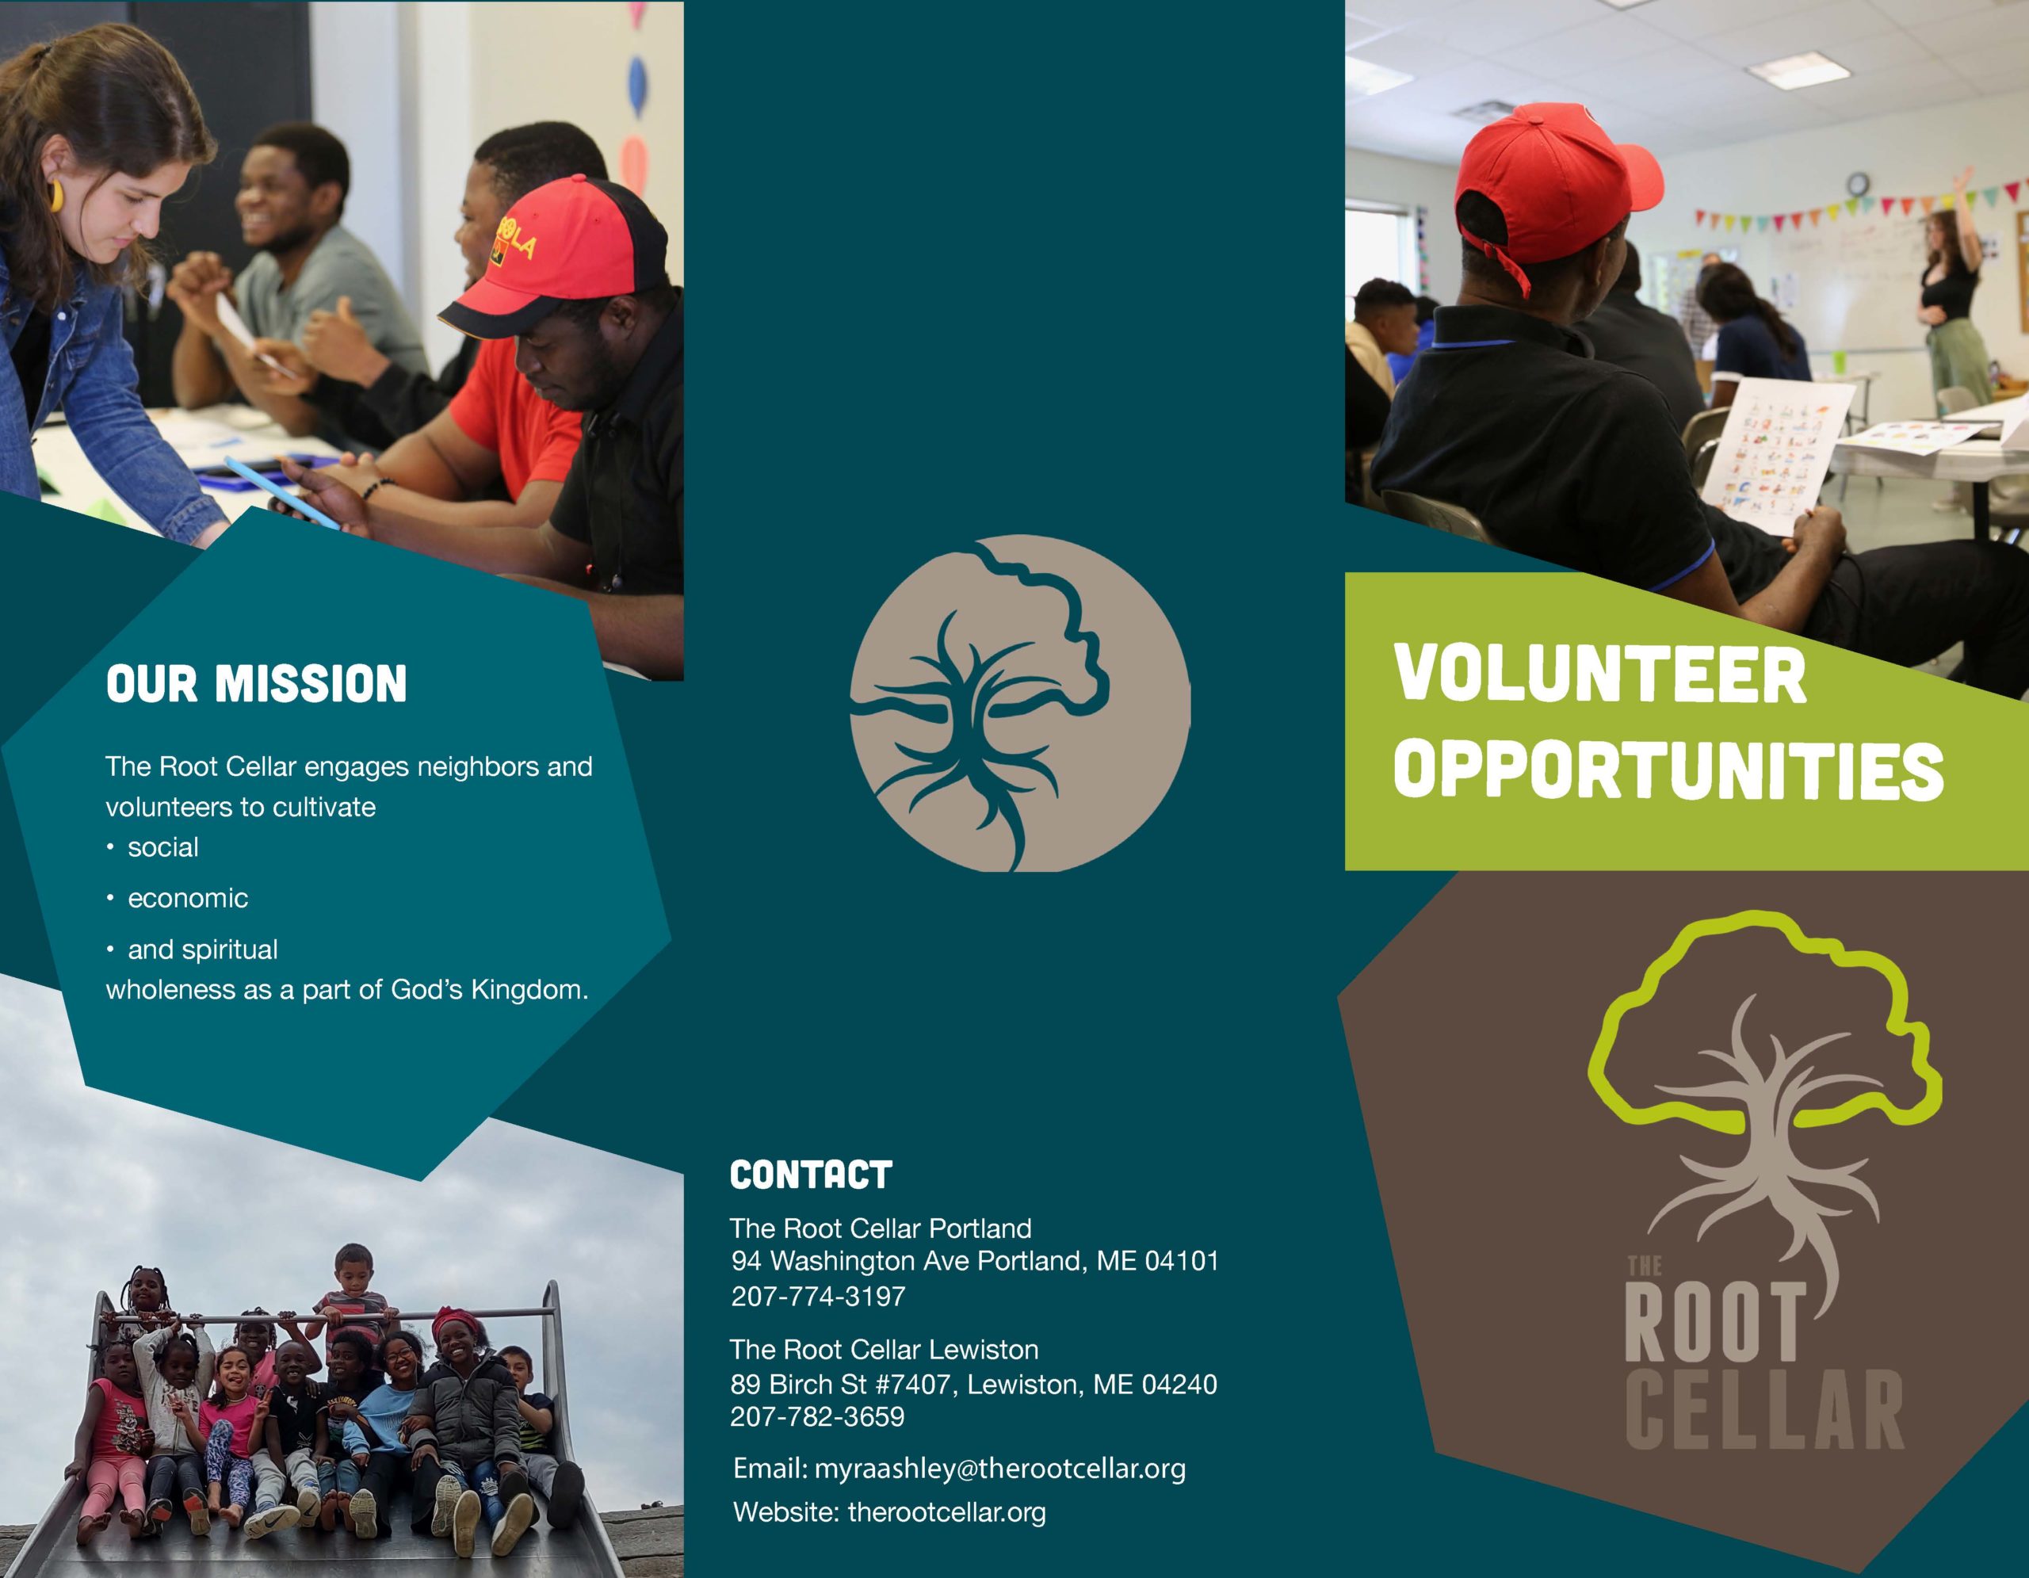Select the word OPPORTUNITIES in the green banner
click(x=1668, y=771)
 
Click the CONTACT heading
click(x=811, y=1175)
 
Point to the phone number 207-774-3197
click(x=818, y=1297)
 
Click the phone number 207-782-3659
click(x=818, y=1416)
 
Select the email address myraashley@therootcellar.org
click(x=999, y=1469)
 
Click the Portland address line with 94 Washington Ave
click(x=975, y=1261)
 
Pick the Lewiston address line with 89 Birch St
click(x=973, y=1385)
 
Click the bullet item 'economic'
click(x=188, y=898)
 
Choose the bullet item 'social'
click(x=162, y=847)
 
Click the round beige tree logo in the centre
click(x=1020, y=703)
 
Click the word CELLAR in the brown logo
click(x=1765, y=1410)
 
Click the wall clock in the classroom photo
click(x=1858, y=183)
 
